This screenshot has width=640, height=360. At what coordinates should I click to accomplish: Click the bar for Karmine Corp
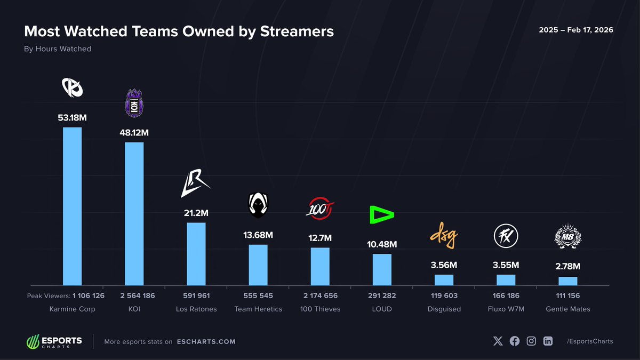tap(72, 206)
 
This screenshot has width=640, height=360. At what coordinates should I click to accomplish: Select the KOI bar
tap(134, 214)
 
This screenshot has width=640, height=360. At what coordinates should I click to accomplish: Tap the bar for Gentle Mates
tap(567, 281)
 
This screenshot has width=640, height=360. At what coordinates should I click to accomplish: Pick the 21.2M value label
tap(196, 213)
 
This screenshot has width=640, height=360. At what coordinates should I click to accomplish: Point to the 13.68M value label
tap(258, 235)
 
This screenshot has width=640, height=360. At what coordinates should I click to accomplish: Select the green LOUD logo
tap(382, 215)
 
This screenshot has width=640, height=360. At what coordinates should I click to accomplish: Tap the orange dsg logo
tap(444, 238)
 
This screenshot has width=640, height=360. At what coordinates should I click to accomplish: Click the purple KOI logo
tap(134, 102)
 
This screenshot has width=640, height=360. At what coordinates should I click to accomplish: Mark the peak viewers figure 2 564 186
tap(134, 295)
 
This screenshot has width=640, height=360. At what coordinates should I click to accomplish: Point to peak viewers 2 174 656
tap(320, 295)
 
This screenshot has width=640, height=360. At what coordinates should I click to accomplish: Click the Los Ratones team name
tap(196, 309)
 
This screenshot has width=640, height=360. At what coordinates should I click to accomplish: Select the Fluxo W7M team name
tap(506, 309)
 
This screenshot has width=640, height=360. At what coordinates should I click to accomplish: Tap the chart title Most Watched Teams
tap(179, 31)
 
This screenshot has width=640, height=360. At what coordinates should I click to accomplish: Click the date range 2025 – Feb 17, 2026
tap(576, 30)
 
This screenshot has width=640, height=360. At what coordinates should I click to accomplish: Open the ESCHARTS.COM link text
tap(206, 342)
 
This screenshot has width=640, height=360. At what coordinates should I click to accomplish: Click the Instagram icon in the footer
tap(531, 341)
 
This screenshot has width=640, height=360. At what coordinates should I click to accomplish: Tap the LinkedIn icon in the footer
tap(548, 341)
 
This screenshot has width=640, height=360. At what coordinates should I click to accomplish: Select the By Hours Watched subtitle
tap(58, 49)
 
